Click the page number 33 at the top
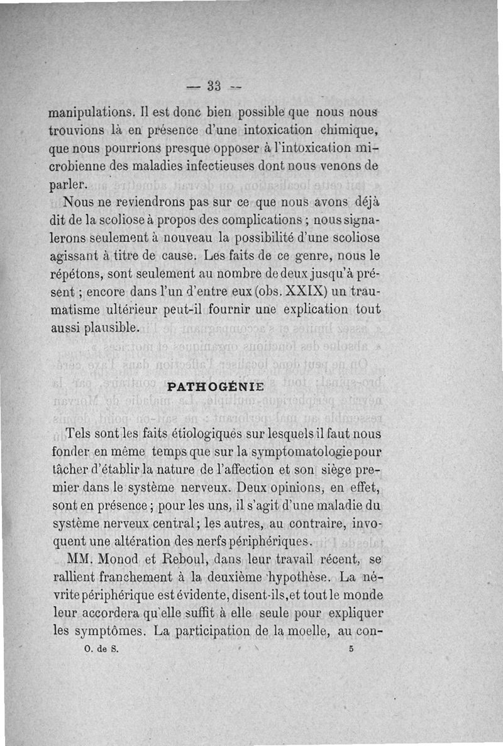pyautogui.click(x=214, y=85)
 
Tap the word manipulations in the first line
pyautogui.click(x=92, y=114)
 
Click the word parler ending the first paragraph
pyautogui.click(x=69, y=186)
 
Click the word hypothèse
pyautogui.click(x=296, y=577)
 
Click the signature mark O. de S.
pyautogui.click(x=97, y=652)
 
